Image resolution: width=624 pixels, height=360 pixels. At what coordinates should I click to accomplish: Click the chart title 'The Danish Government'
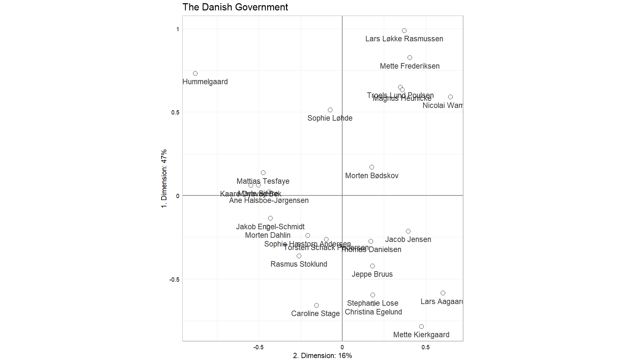click(235, 7)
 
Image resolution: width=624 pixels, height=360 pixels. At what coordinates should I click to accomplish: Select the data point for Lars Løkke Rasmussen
click(404, 31)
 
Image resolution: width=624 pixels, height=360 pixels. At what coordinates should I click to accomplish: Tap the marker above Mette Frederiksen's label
click(409, 58)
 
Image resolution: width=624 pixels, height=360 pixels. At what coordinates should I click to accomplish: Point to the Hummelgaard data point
click(195, 73)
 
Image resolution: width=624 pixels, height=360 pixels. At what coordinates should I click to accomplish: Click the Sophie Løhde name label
click(330, 118)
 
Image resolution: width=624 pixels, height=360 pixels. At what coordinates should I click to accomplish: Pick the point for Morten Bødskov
click(371, 167)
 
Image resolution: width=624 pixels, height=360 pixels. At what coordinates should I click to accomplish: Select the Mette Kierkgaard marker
click(421, 327)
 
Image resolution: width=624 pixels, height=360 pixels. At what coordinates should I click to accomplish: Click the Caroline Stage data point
click(316, 305)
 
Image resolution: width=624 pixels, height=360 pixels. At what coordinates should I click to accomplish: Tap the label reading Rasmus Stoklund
click(299, 264)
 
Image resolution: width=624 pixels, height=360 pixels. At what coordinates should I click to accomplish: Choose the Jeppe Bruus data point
click(372, 266)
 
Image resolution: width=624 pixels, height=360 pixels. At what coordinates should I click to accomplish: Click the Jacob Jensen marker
click(408, 231)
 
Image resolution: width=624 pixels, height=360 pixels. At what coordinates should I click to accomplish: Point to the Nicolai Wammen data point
click(450, 97)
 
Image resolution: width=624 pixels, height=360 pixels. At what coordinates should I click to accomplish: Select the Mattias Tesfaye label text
click(263, 181)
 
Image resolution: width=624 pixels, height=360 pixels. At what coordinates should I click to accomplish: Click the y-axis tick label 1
click(177, 29)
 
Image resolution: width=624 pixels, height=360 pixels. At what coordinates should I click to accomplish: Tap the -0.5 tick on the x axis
click(258, 347)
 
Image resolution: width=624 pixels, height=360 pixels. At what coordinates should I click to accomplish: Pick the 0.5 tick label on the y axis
click(175, 113)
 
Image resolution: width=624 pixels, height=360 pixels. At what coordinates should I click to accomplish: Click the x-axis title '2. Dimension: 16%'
click(322, 356)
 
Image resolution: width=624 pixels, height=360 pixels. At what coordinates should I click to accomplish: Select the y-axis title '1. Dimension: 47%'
click(164, 179)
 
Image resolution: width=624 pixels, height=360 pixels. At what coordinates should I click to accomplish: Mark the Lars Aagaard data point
click(443, 293)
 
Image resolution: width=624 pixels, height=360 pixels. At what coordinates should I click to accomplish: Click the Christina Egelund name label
click(373, 312)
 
